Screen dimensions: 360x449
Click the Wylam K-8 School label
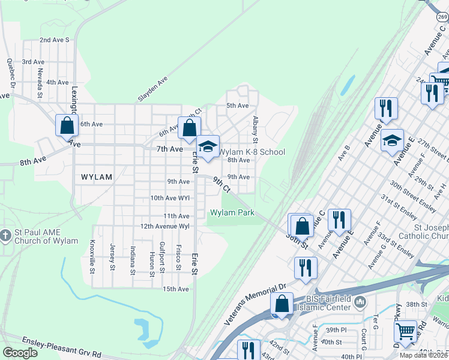tap(251, 152)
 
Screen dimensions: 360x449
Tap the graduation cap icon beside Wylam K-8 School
tap(208, 147)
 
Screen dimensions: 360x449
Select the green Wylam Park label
tap(232, 212)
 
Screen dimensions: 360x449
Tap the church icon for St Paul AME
tap(5, 235)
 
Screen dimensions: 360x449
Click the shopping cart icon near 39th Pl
tap(406, 331)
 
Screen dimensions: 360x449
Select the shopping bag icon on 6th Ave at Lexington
tap(67, 126)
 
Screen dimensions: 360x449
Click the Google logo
tap(20, 353)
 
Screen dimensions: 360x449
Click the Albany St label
tap(255, 130)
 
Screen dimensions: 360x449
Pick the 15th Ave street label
tap(176, 289)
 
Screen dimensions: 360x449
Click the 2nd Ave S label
tap(55, 40)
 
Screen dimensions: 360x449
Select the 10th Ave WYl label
tap(170, 197)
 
